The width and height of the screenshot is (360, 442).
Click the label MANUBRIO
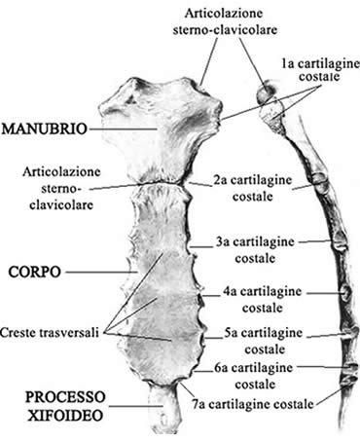click(40, 128)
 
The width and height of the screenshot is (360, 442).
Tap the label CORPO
click(32, 265)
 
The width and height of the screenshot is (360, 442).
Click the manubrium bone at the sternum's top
click(156, 127)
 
